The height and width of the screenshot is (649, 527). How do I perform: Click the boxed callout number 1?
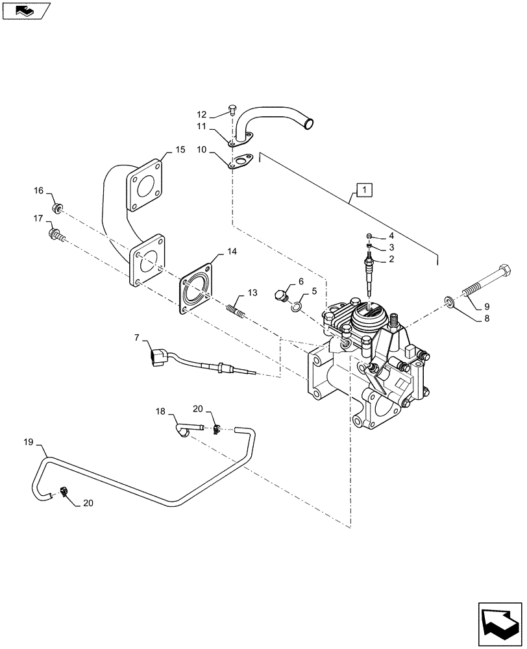coord(365,190)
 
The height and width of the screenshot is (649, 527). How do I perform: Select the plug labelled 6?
coord(282,296)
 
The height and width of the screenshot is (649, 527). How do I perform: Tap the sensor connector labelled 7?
coord(158,358)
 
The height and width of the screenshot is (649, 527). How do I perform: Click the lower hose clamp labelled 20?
coord(65,493)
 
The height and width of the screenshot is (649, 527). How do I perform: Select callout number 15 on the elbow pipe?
coord(180,150)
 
